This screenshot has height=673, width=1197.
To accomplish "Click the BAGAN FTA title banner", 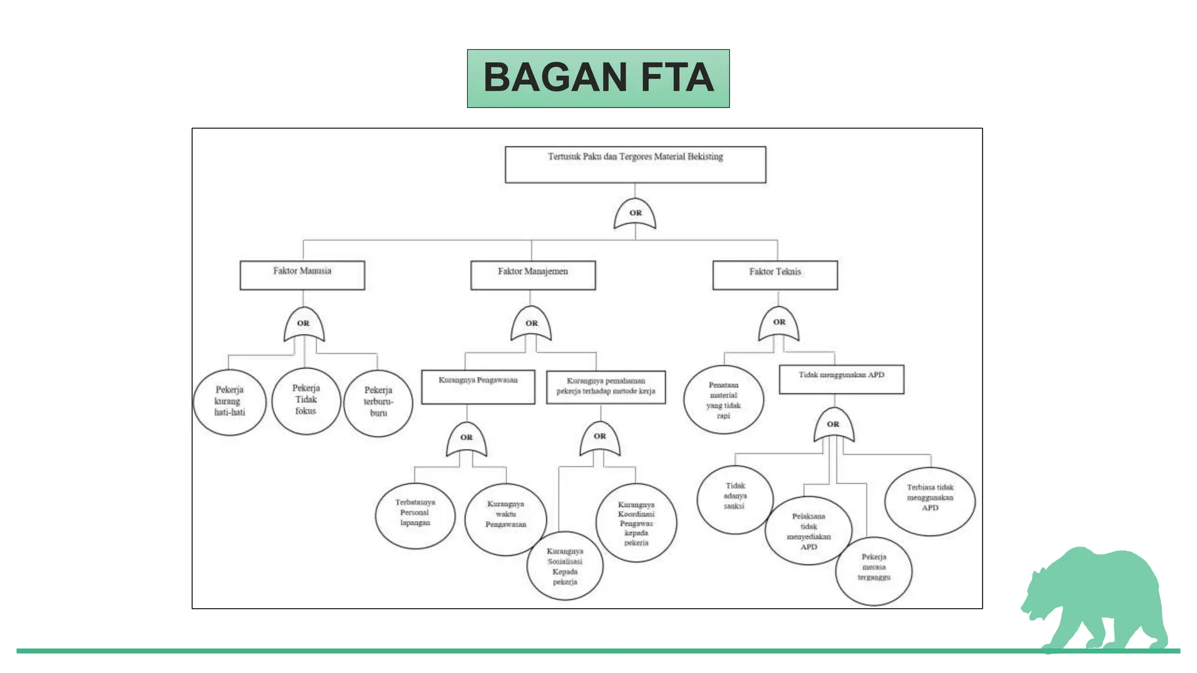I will tap(598, 78).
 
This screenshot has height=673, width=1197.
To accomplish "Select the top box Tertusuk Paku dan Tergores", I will tap(635, 165).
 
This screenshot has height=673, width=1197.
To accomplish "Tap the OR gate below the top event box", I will tap(635, 214).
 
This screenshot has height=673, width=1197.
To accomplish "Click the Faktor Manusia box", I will tap(302, 275).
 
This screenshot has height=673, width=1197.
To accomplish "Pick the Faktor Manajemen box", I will tap(533, 275).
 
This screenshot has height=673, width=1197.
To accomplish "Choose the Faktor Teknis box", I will tap(775, 275).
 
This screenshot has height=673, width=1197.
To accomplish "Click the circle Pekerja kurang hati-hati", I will tap(230, 402).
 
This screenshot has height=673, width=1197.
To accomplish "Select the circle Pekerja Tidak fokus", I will tap(306, 401).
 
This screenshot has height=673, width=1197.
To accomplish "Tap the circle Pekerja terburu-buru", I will tap(378, 403).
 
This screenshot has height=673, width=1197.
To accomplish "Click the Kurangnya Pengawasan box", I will tap(478, 387).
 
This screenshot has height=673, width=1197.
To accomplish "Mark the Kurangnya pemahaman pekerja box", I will tap(606, 387).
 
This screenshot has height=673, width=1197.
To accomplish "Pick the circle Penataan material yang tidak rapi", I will tap(724, 400).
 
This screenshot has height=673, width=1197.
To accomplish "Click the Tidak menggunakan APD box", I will tap(842, 379).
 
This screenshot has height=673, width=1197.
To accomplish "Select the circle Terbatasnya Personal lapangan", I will tap(415, 515).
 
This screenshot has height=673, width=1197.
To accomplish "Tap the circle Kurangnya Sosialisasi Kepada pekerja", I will tap(565, 566).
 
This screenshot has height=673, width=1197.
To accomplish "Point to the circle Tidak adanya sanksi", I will tap(735, 499).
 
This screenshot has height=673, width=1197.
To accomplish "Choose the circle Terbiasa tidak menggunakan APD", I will tap(930, 501).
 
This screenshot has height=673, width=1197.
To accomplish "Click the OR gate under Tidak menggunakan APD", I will tap(834, 425).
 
